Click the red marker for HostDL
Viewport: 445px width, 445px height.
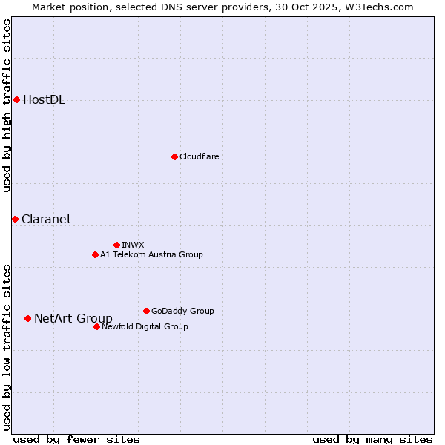(16, 99)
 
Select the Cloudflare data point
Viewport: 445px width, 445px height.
(174, 156)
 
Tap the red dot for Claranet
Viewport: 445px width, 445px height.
(15, 219)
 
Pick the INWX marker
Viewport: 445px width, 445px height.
(116, 245)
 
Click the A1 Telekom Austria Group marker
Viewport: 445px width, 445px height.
(95, 254)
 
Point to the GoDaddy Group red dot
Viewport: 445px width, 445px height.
(146, 311)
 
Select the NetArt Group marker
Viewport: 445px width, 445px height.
(27, 318)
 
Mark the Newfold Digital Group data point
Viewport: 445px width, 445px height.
(96, 326)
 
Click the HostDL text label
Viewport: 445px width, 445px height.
(44, 100)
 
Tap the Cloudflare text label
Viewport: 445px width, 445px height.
(199, 156)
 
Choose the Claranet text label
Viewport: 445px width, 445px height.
(46, 219)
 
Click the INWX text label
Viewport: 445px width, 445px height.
(133, 245)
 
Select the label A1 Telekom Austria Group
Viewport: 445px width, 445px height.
(151, 254)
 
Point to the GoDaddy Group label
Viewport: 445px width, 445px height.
(182, 311)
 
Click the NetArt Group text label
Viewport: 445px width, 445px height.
(73, 319)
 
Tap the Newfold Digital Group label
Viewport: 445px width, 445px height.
(145, 326)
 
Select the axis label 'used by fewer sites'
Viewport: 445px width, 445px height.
(76, 439)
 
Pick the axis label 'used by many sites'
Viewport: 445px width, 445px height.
(372, 439)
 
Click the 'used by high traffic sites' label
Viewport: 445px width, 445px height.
(7, 105)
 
